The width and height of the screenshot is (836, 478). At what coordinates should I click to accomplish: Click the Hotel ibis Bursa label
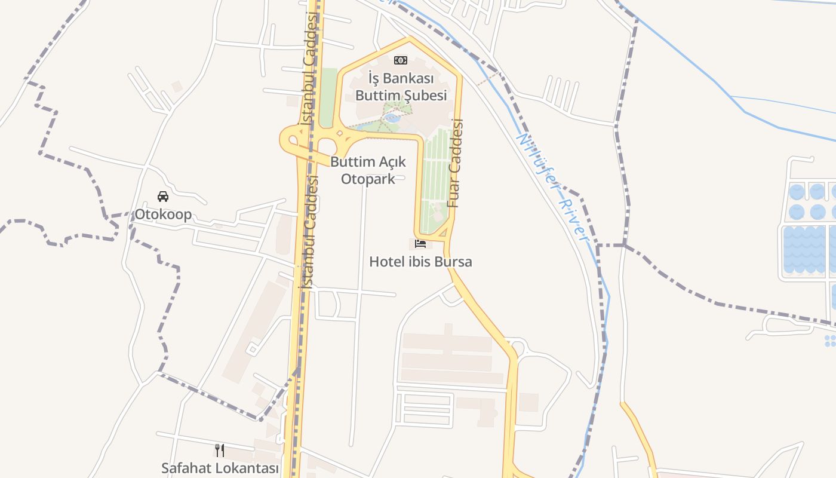pyautogui.click(x=420, y=262)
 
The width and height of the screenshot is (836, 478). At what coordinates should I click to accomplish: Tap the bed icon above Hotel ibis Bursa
pyautogui.click(x=420, y=244)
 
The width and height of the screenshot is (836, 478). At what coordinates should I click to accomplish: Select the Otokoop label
pyautogui.click(x=163, y=215)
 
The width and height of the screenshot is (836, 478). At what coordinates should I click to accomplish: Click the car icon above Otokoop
pyautogui.click(x=163, y=197)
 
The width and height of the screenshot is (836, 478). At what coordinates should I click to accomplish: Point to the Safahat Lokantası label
pyautogui.click(x=220, y=468)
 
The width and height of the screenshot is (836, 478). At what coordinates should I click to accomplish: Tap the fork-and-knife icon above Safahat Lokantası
pyautogui.click(x=220, y=450)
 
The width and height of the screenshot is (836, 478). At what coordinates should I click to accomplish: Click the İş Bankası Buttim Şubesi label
pyautogui.click(x=401, y=87)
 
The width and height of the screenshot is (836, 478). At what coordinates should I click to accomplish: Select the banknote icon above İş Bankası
pyautogui.click(x=401, y=60)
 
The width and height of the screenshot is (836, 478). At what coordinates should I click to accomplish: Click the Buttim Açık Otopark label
pyautogui.click(x=368, y=170)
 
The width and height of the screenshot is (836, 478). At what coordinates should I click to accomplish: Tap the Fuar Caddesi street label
pyautogui.click(x=455, y=163)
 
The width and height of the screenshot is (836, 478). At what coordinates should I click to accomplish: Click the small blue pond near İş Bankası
pyautogui.click(x=392, y=118)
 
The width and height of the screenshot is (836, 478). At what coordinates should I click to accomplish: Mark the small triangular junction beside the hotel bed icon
pyautogui.click(x=444, y=232)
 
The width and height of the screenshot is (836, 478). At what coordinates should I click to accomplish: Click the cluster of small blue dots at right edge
pyautogui.click(x=830, y=341)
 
